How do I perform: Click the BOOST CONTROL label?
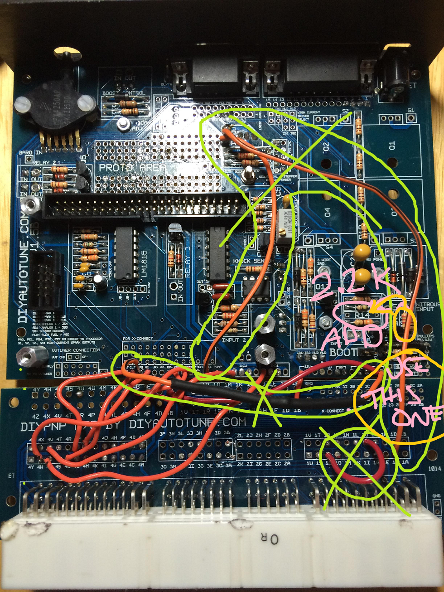click(124, 93)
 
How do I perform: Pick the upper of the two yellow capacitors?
click(362, 252)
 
